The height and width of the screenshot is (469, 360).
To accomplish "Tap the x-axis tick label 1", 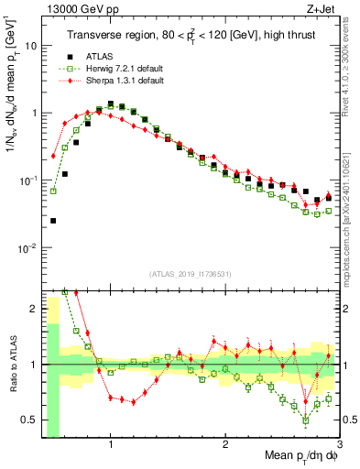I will click(x=111, y=444).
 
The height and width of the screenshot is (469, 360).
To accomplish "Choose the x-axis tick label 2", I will click(x=225, y=444).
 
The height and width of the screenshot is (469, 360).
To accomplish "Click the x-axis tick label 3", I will click(x=339, y=444).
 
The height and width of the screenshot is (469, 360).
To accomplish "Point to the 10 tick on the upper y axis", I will click(x=30, y=45).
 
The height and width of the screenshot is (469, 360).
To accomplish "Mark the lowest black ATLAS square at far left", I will click(x=53, y=221).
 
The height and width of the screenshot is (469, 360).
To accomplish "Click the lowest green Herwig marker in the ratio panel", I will click(x=306, y=420).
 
